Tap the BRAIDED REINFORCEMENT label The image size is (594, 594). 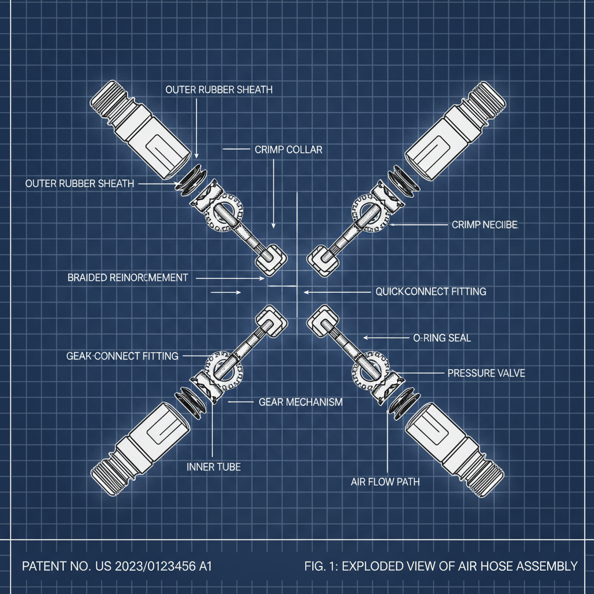[128, 278]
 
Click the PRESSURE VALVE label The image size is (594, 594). [486, 374]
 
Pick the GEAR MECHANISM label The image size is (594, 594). [300, 401]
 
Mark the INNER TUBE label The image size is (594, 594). [213, 466]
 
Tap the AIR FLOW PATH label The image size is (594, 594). [385, 481]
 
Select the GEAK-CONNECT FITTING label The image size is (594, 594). [122, 356]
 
